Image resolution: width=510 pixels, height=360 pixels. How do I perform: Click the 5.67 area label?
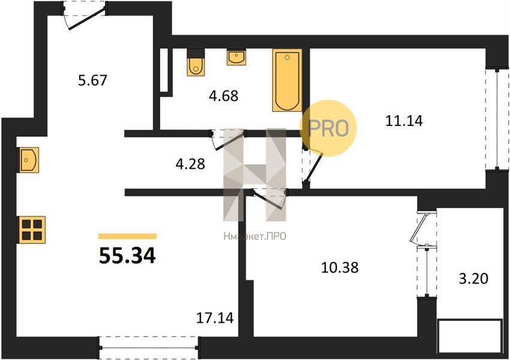[x=92, y=80]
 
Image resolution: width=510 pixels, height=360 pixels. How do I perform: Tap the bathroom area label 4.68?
[x=223, y=95]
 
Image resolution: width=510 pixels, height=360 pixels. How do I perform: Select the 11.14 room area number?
[x=404, y=121]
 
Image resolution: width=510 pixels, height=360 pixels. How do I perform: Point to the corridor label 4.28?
[x=190, y=164]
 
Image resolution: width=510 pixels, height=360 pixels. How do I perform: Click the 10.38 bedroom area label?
[x=340, y=268]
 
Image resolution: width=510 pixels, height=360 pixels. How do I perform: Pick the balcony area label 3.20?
[x=473, y=278]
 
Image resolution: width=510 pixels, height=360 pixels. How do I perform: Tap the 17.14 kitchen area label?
[x=215, y=318]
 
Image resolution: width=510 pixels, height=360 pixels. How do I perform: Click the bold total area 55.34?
[x=127, y=256]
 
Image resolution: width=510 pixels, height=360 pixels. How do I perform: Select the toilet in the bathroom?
[x=196, y=62]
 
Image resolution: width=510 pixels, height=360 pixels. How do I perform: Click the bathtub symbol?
[x=287, y=80]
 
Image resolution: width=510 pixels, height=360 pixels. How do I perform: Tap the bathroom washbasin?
[x=236, y=57]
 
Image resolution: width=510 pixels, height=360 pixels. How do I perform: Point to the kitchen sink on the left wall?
[x=29, y=160]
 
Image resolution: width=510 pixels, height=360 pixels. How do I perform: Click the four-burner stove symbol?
[x=32, y=230]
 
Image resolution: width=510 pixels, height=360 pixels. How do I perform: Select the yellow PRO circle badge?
[x=328, y=128]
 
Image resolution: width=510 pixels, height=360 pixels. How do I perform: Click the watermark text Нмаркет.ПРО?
[x=254, y=236]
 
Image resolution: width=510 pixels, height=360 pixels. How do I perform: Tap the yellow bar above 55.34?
[x=127, y=236]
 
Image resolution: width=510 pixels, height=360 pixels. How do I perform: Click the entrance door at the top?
[x=84, y=16]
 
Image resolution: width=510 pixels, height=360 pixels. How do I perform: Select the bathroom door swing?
[x=227, y=139]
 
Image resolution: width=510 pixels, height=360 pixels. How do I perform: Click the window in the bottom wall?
[x=149, y=348]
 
